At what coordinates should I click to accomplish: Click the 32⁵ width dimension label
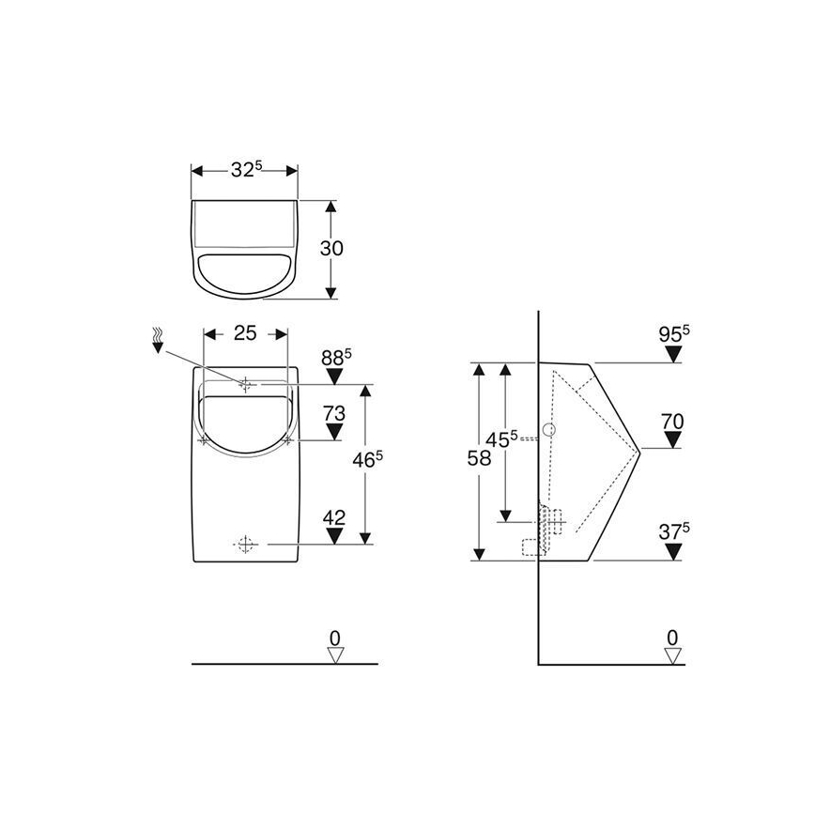[x=246, y=170]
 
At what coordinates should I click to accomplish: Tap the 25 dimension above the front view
[x=245, y=332]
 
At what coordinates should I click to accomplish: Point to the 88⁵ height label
[x=335, y=357]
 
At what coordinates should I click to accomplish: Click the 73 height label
[x=333, y=413]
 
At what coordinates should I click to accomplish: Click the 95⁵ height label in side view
[x=673, y=334]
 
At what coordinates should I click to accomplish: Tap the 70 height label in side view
[x=671, y=422]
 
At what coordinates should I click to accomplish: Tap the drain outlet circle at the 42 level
[x=245, y=543]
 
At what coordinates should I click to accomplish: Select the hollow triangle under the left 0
[x=334, y=654]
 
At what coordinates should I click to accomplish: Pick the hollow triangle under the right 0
[x=671, y=654]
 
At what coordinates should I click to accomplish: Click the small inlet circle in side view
[x=550, y=431]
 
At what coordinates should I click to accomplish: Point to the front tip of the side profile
[x=639, y=448]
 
